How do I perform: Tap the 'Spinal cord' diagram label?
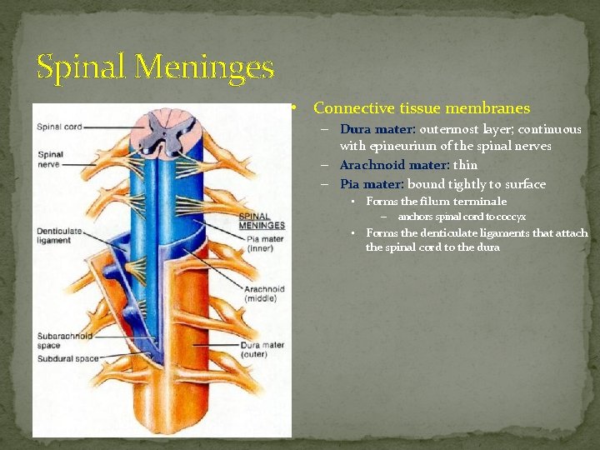[59, 127]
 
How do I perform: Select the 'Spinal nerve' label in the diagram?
[51, 159]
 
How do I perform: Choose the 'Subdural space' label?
[67, 359]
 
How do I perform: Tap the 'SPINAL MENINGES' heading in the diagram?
[262, 221]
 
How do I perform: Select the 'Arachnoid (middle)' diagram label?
[264, 294]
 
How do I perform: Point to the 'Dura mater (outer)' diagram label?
[262, 349]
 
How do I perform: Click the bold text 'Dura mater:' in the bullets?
[377, 130]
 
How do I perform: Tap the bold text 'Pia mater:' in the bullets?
[372, 184]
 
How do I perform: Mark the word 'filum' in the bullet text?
[437, 202]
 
